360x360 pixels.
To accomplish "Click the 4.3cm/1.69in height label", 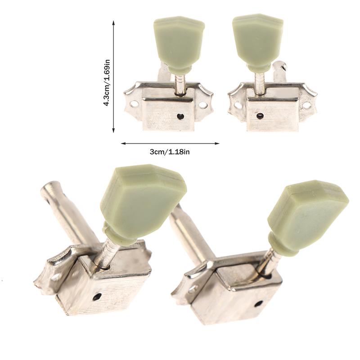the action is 107,83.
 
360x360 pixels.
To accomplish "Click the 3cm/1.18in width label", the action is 170,152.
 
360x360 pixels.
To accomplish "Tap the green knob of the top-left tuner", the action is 179,42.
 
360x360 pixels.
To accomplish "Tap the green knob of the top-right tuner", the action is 258,41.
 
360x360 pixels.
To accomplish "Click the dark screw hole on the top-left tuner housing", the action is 180,117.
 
